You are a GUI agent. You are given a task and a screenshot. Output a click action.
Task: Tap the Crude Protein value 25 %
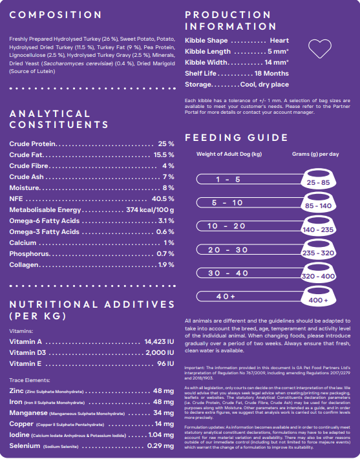pyautogui.click(x=166, y=144)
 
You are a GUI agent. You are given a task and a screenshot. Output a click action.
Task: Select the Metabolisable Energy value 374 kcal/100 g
pyautogui.click(x=150, y=210)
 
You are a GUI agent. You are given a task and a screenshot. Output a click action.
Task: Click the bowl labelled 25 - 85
pyautogui.click(x=319, y=178)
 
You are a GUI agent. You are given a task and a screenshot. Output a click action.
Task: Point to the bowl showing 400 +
pyautogui.click(x=319, y=296)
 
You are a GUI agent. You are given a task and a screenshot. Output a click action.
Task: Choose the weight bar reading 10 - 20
pyautogui.click(x=249, y=226)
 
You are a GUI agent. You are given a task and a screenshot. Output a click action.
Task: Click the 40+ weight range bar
pyautogui.click(x=249, y=296)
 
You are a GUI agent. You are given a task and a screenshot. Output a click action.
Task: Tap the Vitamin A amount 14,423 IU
pyautogui.click(x=159, y=341)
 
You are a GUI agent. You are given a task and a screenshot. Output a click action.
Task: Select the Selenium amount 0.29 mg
pyautogui.click(x=160, y=446)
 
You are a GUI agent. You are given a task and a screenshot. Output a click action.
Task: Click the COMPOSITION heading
pyautogui.click(x=56, y=15)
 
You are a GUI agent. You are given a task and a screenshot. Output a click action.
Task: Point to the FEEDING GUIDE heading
pyautogui.click(x=237, y=138)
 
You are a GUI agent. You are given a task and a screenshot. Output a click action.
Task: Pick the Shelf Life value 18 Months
pyautogui.click(x=271, y=74)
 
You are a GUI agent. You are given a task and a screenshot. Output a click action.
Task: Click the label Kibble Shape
pyautogui.click(x=206, y=40)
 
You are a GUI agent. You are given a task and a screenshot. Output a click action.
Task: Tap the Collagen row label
pyautogui.click(x=24, y=264)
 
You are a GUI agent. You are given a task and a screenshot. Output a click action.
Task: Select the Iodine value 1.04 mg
pyautogui.click(x=161, y=434)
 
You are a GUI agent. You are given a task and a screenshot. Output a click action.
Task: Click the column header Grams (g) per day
pyautogui.click(x=315, y=154)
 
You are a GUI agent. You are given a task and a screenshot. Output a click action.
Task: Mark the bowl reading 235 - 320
pyautogui.click(x=319, y=249)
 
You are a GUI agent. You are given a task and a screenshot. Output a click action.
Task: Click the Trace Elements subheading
pyautogui.click(x=30, y=380)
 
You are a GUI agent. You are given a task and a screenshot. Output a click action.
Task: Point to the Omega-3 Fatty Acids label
pyautogui.click(x=44, y=232)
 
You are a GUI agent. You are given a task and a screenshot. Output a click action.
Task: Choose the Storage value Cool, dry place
pyautogui.click(x=264, y=85)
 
